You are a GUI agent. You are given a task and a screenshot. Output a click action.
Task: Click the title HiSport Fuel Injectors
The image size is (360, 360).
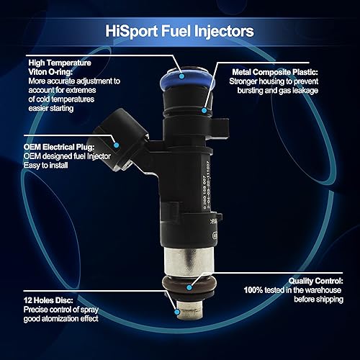[x=179, y=31]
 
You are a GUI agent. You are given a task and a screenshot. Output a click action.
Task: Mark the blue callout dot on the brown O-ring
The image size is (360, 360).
[x=188, y=287]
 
